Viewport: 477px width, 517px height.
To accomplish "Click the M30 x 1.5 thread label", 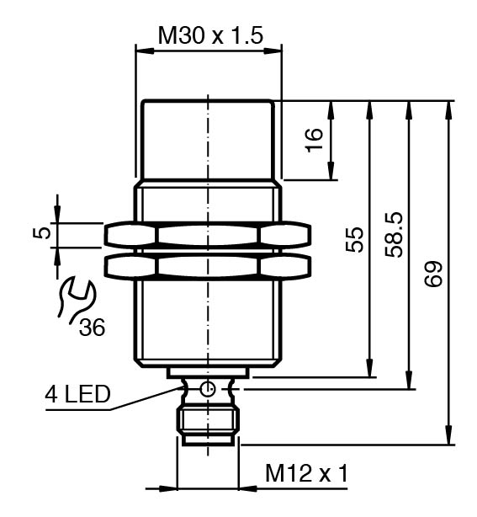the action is tap(210, 35).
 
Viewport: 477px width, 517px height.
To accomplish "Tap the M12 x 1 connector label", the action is tap(306, 473).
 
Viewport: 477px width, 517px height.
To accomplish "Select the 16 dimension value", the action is tap(315, 140).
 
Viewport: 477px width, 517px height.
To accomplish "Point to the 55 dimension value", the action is tap(354, 240).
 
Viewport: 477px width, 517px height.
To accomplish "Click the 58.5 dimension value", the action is tap(394, 235).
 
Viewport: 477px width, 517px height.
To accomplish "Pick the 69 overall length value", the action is tap(432, 274).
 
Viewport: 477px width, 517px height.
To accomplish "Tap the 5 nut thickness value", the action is tap(42, 233).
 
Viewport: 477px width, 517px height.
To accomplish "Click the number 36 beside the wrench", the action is tap(92, 328).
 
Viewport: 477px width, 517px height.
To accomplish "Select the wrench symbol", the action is tap(76, 299).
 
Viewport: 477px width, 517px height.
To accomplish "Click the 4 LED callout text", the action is tap(77, 394).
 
